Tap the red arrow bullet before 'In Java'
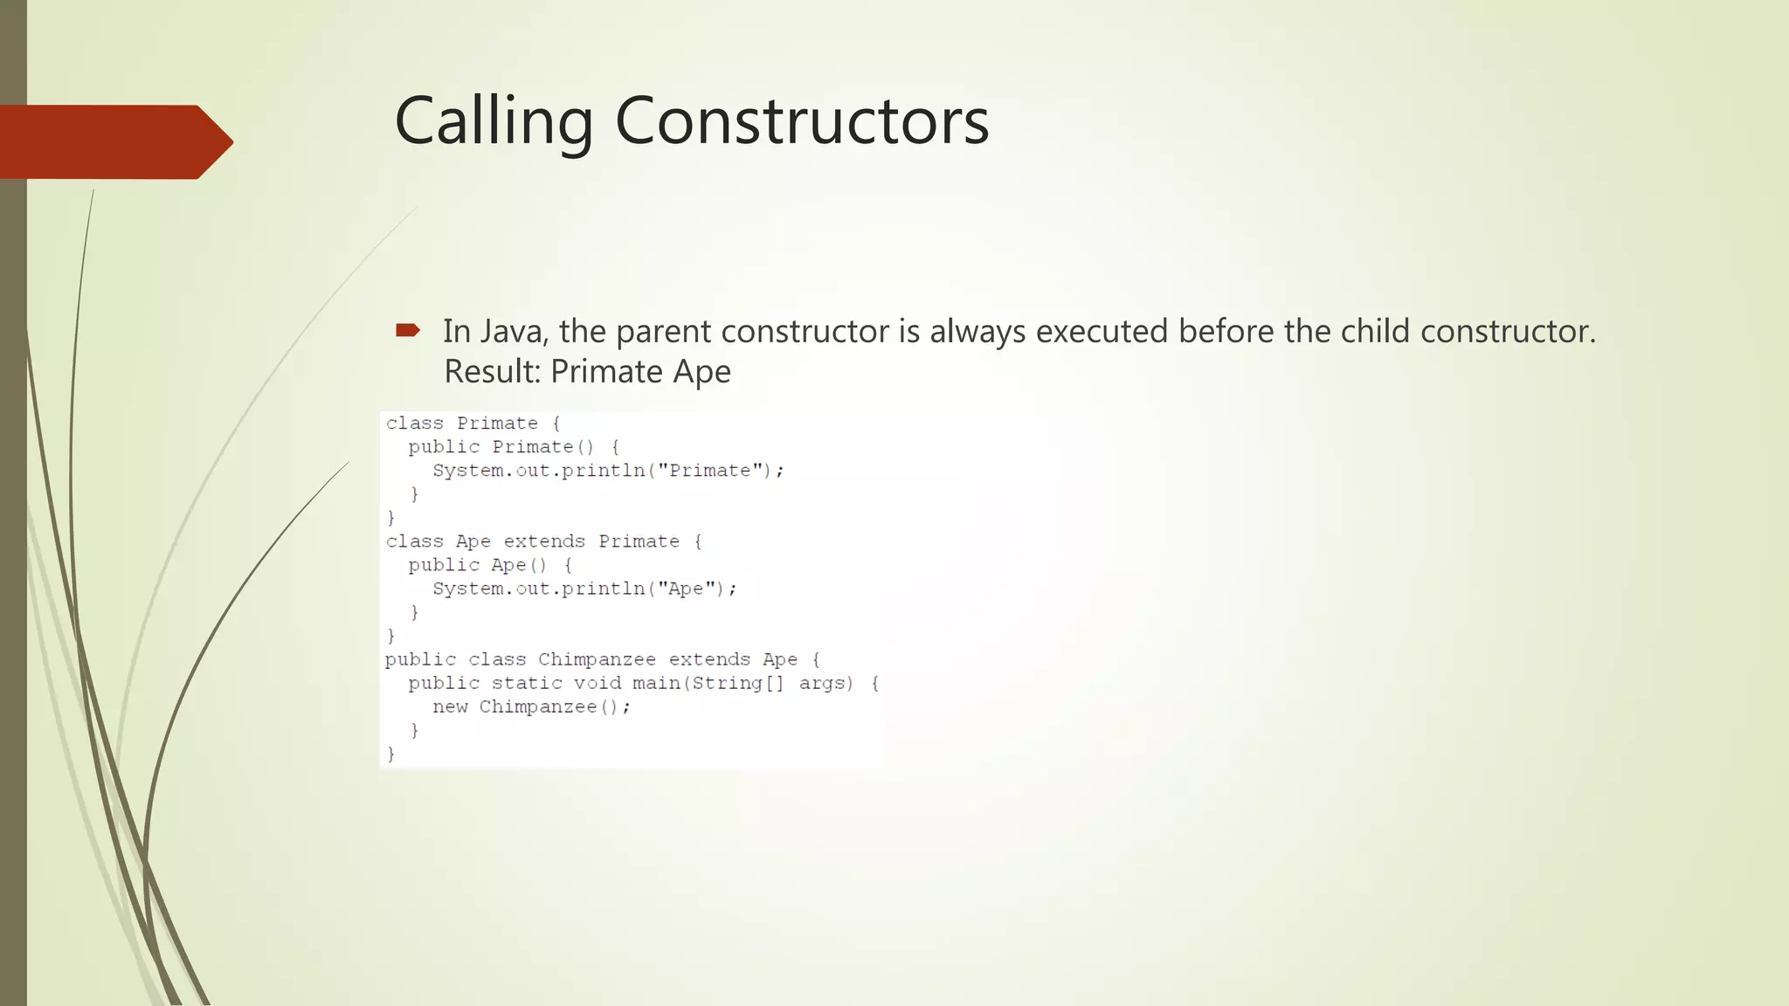coord(408,330)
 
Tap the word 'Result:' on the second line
coord(493,372)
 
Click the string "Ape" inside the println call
coord(686,589)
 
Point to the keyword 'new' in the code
coord(450,706)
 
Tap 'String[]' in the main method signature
coord(738,683)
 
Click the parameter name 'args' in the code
coord(825,683)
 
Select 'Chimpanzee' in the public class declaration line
coord(597,659)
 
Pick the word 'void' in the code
coord(597,683)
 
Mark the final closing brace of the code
coord(390,754)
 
